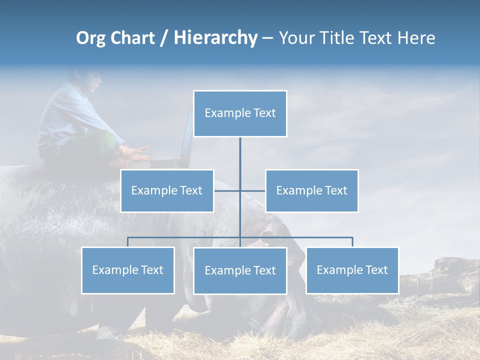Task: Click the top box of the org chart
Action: tap(240, 113)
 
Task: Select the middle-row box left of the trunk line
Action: tap(167, 190)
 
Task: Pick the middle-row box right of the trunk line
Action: tap(311, 190)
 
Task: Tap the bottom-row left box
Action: tap(128, 270)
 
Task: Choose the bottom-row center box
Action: tap(240, 270)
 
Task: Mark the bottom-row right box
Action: tap(352, 270)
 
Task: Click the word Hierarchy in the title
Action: tap(215, 38)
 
